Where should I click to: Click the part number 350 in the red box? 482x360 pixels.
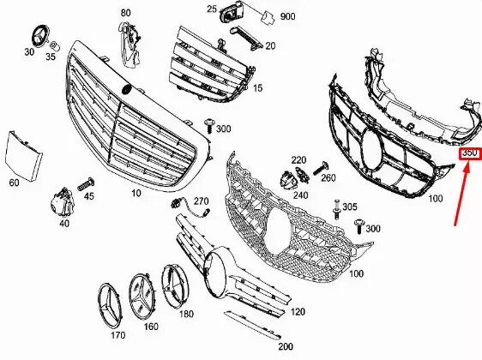coord(470,153)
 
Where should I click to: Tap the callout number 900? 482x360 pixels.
coord(287,16)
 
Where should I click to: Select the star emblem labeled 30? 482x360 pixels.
coord(41,35)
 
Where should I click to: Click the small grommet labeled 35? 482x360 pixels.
coord(56,46)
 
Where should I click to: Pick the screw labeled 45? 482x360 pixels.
coord(85,183)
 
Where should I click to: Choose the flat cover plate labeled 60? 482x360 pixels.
coord(23,156)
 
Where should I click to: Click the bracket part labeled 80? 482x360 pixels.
coord(130,45)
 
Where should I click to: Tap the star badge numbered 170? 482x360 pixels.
coord(110,306)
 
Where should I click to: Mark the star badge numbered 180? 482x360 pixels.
coord(175,286)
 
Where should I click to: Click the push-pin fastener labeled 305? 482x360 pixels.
coord(337,209)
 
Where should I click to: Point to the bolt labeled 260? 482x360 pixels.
coord(321,168)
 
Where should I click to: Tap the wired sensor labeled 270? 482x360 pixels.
coord(190,207)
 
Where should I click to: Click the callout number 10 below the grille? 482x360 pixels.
coord(136,193)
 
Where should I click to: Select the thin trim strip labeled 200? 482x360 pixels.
coord(252,325)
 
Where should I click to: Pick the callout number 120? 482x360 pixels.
coord(298,312)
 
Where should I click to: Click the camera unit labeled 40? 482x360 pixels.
coord(63,202)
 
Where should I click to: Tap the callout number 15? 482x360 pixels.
coord(257,88)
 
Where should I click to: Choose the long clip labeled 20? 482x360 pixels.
coord(246,38)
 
